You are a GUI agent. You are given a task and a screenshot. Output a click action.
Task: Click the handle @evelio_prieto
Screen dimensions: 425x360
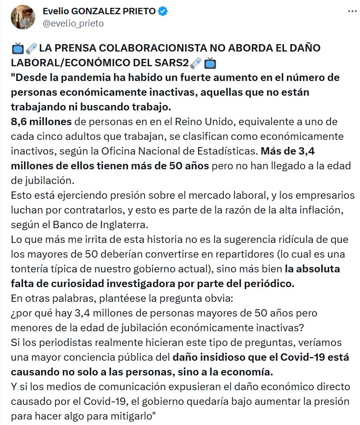73,23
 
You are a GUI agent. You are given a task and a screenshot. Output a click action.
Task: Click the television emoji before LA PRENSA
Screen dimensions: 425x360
18,49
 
